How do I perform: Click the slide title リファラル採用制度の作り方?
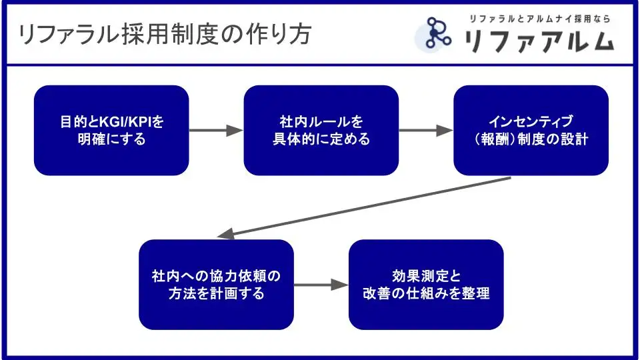165,34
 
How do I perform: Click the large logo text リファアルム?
539,41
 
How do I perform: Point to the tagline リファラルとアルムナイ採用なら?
539,19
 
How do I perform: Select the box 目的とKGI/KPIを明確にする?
111,131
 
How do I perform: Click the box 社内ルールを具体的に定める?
321,131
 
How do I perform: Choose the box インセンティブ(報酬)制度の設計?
531,131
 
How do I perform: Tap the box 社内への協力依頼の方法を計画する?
216,285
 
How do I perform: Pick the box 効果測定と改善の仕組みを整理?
425,285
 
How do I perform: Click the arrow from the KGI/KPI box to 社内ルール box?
216,131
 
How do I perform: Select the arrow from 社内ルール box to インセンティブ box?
426,131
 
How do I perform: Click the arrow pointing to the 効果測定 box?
321,285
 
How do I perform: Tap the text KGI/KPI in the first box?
126,123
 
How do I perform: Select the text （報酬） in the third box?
495,140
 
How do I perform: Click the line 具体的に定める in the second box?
321,140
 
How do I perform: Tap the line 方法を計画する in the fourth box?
216,293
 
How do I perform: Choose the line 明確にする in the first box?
111,140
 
